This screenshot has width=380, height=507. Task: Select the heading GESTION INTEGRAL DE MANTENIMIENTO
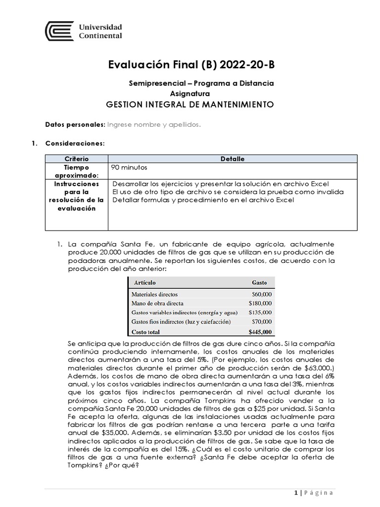pos(190,104)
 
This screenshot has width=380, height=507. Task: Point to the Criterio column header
pos(76,158)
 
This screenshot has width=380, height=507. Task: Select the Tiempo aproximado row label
pos(76,171)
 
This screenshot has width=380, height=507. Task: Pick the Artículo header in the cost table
pos(144,283)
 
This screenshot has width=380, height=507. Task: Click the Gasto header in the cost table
pos(259,283)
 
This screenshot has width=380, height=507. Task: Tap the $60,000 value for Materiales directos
pos(262,294)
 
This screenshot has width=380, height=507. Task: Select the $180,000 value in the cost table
pos(260,303)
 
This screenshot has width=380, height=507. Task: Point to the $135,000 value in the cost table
pos(260,312)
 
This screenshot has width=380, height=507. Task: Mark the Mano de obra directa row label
pos(157,303)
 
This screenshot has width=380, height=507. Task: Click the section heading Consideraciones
pos(75,144)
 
